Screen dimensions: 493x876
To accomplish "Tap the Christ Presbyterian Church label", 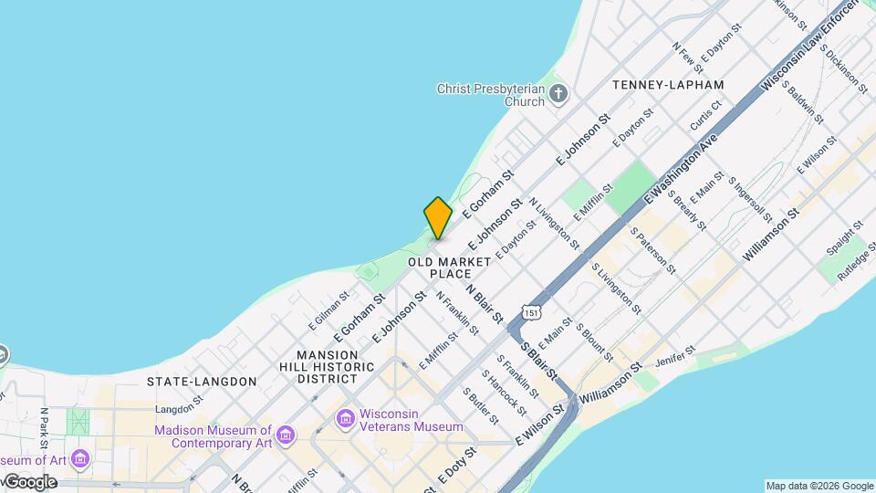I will (x=490, y=95).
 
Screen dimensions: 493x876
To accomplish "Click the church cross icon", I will (x=558, y=92).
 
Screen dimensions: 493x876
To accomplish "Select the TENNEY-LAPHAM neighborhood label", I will (x=668, y=85).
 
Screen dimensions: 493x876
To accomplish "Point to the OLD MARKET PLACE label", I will (x=449, y=267).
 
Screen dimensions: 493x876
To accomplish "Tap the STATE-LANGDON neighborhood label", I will (x=202, y=381).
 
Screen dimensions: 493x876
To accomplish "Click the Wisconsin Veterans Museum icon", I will (x=345, y=419).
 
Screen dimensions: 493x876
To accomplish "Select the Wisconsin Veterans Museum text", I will (x=412, y=420).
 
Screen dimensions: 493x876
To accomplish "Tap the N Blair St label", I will (x=485, y=303).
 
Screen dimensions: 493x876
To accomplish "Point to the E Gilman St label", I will (x=329, y=310).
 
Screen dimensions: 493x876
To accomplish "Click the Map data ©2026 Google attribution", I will (x=819, y=486).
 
